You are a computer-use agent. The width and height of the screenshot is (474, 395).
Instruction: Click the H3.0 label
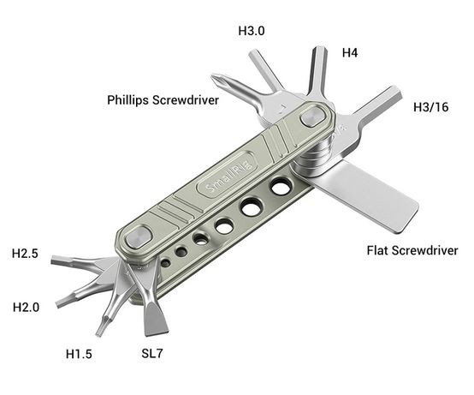coord(252,31)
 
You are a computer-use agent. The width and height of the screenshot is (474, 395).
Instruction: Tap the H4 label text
coord(350,53)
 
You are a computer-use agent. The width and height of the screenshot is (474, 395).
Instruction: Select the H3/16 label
coord(430,107)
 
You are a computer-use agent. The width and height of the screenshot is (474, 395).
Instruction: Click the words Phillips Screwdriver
coord(163,100)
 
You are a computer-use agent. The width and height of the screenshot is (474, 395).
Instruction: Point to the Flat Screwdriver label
coord(412,250)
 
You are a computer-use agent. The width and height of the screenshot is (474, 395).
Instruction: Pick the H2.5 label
coord(25,254)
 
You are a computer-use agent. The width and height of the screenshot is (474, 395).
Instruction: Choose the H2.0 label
coord(26,308)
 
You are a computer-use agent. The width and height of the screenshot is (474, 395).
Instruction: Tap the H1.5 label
coord(79,354)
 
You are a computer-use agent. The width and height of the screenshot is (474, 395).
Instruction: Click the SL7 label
coord(152,353)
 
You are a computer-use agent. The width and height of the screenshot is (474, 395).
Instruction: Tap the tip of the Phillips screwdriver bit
coord(213,76)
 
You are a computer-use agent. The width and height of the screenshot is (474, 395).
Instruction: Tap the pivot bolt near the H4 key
coord(313,117)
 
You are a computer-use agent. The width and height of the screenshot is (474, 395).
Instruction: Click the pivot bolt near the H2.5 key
coord(138,239)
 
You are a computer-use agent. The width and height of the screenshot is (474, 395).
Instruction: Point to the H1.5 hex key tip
coord(99,333)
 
